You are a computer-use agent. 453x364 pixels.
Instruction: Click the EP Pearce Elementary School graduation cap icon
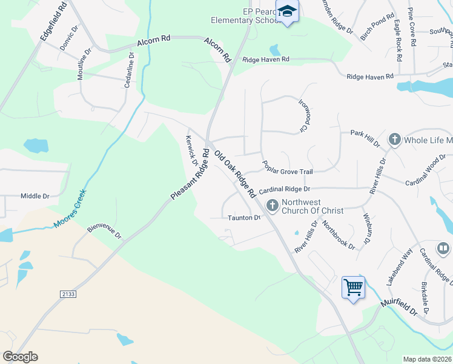coord(287,12)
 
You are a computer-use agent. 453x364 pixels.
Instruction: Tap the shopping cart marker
coord(353,286)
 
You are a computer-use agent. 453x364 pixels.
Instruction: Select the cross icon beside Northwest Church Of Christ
coord(273,206)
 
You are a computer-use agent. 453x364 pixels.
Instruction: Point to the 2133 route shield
coord(68,294)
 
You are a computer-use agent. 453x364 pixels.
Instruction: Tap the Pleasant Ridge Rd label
coord(190,175)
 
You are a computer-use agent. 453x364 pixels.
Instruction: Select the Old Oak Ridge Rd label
coord(234,172)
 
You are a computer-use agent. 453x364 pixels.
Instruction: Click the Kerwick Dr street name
coord(192,150)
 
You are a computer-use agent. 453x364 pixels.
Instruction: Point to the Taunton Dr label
coord(243,217)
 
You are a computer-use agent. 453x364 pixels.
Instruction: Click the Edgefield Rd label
coord(53,21)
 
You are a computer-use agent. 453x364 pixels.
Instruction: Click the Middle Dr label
coord(35,196)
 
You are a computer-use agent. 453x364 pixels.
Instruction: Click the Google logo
coord(20,357)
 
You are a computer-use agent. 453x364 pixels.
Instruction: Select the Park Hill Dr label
coord(365,137)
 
